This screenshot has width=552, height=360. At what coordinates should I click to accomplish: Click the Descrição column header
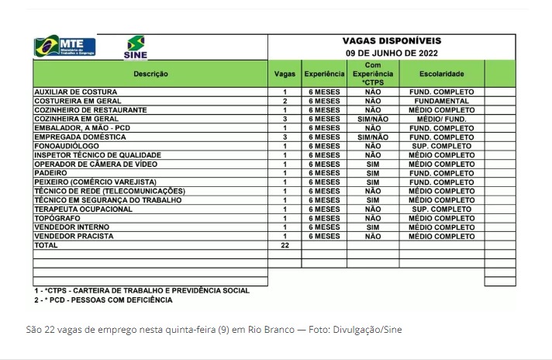(150, 74)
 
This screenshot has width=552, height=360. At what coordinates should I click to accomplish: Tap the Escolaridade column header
(442, 74)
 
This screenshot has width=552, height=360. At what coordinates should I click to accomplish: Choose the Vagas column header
(285, 74)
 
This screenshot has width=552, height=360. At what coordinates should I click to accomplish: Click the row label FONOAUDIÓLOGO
(67, 146)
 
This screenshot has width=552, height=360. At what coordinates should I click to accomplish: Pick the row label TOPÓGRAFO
(59, 218)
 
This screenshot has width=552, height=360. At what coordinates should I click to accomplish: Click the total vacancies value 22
(285, 245)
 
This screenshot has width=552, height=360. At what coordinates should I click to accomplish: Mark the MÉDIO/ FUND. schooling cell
(442, 119)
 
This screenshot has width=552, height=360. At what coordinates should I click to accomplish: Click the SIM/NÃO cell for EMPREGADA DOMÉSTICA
(373, 137)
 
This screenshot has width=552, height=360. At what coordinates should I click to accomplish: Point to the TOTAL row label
(47, 245)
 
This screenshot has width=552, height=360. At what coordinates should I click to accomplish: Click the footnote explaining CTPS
(142, 290)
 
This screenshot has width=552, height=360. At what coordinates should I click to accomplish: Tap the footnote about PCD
(103, 299)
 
